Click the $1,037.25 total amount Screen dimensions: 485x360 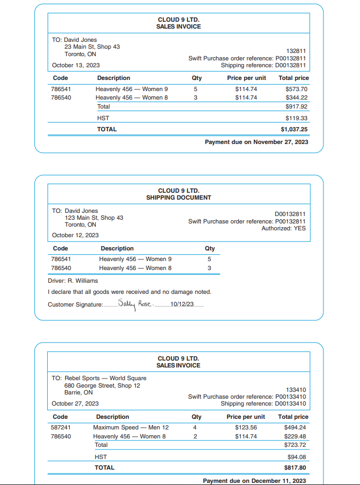pos(294,129)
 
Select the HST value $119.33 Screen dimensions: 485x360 pos(296,118)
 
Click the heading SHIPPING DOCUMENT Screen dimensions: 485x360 pos(178,197)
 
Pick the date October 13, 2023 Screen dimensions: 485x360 pos(76,66)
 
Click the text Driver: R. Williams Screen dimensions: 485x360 pos(73,281)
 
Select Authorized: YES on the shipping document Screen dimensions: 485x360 pos(283,228)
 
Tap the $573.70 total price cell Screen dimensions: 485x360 pos(296,89)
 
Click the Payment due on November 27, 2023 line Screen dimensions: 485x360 pos(256,142)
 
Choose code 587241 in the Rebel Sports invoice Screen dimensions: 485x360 pos(61,427)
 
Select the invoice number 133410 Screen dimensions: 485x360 pos(296,390)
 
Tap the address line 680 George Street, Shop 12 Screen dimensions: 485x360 pos(102,385)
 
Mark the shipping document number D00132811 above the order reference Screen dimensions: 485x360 pos(290,214)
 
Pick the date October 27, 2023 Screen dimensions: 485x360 pos(75,403)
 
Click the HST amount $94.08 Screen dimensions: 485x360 pos(298,456)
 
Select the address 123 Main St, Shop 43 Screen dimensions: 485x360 pos(94,218)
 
